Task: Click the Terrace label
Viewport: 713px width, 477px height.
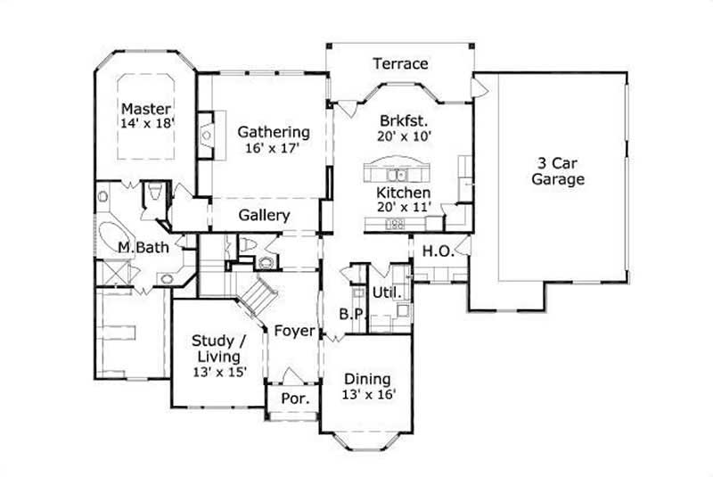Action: pos(401,64)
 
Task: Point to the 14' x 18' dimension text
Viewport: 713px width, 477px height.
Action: pos(147,125)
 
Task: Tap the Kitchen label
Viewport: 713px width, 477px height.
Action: pos(404,193)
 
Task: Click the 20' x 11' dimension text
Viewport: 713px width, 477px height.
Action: pos(404,208)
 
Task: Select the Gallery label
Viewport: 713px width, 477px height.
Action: pos(265,216)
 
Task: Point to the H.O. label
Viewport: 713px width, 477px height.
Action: pos(438,252)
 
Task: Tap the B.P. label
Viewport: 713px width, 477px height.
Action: pos(349,313)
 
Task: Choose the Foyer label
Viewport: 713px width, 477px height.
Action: pos(294,332)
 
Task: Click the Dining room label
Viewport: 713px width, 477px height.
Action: pos(367,379)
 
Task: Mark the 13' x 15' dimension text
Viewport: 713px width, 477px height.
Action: pos(219,373)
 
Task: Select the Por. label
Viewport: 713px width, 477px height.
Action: pos(294,399)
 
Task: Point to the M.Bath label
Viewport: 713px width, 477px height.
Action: pos(139,247)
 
